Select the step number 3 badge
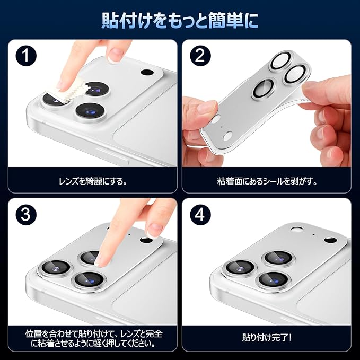click(x=25, y=215)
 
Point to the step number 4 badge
click(x=200, y=215)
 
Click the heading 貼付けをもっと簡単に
click(x=180, y=21)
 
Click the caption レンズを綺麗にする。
click(x=93, y=181)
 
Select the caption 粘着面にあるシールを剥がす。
click(x=267, y=181)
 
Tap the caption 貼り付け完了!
click(x=267, y=337)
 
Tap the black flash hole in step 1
click(x=147, y=73)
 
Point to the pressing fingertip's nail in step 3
click(x=100, y=260)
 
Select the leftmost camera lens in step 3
click(x=55, y=267)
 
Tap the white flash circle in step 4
click(x=296, y=230)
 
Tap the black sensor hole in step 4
click(x=331, y=240)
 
